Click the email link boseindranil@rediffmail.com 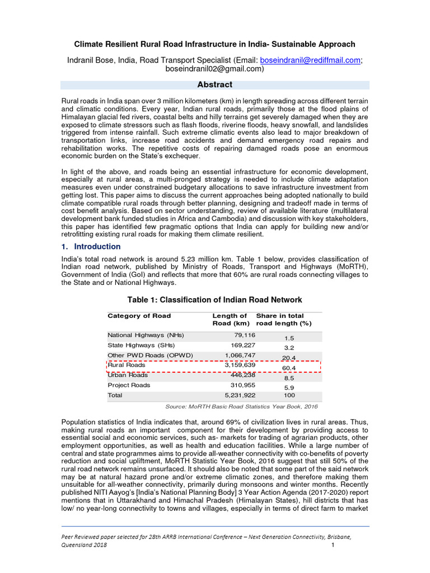[x=306, y=60]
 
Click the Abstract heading [x=215, y=84]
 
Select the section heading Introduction [x=97, y=246]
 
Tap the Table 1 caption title [x=214, y=299]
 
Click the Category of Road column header [x=139, y=316]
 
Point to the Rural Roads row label [x=127, y=365]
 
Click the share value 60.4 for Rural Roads [x=289, y=368]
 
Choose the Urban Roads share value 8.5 [x=289, y=378]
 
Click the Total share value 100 [x=289, y=395]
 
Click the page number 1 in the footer [x=333, y=545]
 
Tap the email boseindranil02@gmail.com [x=214, y=69]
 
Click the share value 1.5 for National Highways [x=289, y=338]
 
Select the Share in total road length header [x=284, y=320]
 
